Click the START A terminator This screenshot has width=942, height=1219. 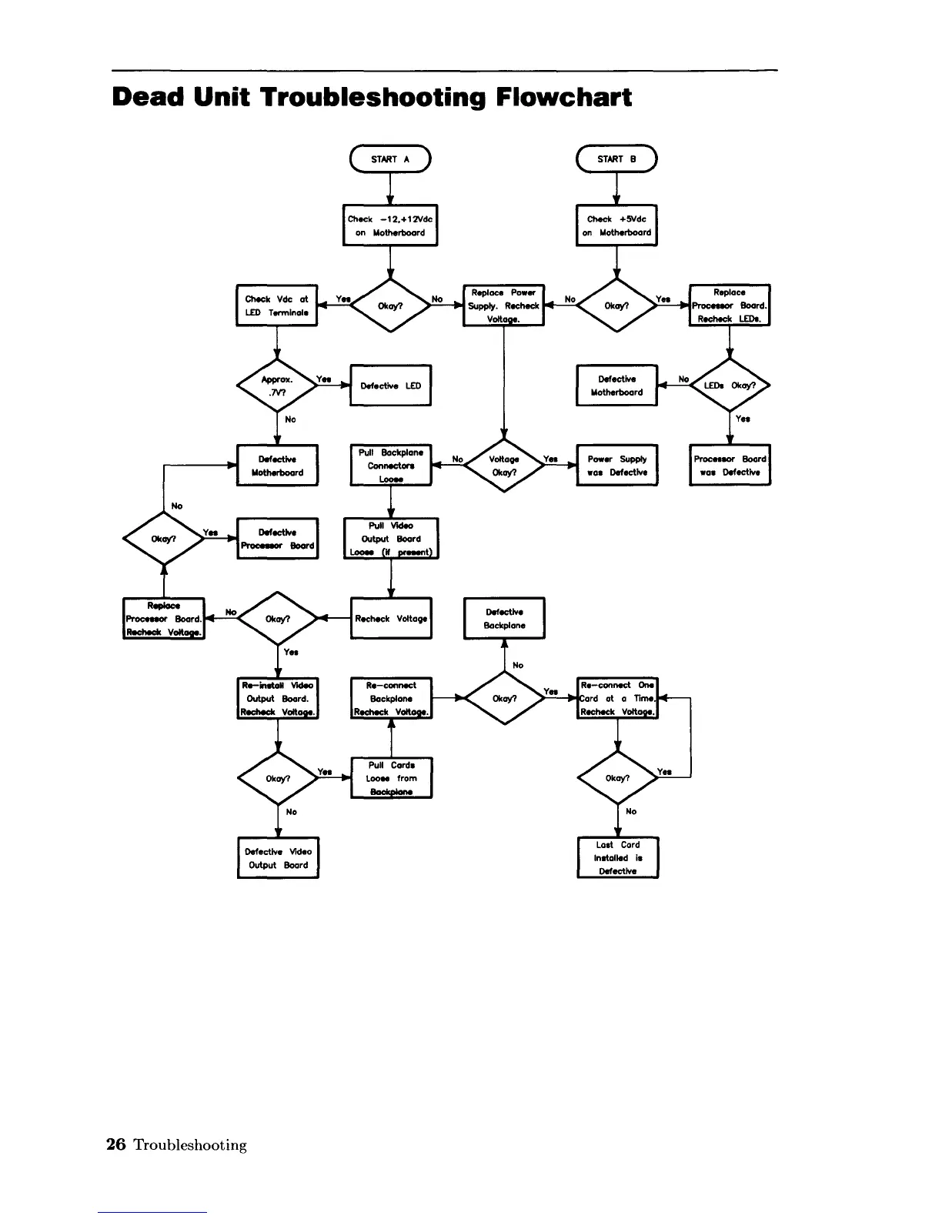click(390, 159)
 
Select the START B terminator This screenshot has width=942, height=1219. click(616, 159)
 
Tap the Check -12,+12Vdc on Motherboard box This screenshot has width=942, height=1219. click(390, 225)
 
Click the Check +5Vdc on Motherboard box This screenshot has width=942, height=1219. click(616, 225)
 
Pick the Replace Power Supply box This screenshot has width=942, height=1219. click(504, 306)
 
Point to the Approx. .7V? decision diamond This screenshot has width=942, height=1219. click(277, 386)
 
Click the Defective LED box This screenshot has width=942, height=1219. click(390, 386)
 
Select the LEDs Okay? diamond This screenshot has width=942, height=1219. click(730, 386)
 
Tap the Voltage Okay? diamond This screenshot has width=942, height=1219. click(504, 466)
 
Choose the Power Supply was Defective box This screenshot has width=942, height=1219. click(617, 466)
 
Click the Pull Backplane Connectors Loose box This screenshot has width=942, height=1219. click(391, 466)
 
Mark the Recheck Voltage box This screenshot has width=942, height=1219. click(391, 619)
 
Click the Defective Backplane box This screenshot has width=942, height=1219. click(504, 619)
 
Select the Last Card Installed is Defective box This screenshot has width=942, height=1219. click(618, 858)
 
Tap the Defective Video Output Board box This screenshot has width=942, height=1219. click(278, 858)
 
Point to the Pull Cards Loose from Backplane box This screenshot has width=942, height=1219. click(391, 778)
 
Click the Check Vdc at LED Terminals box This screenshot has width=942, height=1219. click(276, 306)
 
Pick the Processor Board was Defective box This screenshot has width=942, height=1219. click(730, 466)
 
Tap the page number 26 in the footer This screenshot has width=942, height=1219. click(115, 1144)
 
